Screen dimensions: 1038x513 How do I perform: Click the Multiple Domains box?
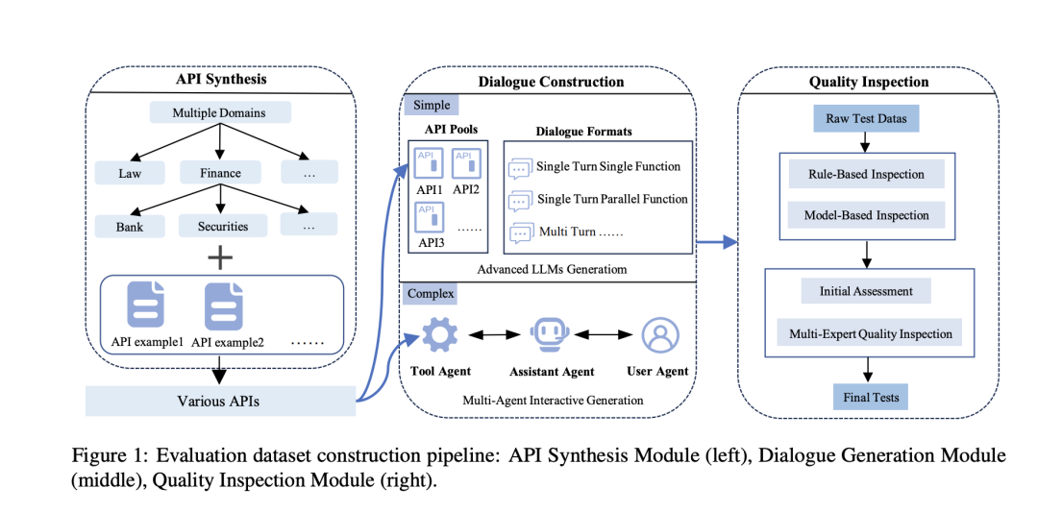(220, 111)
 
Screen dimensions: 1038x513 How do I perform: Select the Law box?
(130, 174)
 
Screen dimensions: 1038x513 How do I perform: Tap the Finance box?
(220, 174)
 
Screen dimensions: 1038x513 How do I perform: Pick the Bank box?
(130, 226)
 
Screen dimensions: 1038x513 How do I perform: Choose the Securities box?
(222, 226)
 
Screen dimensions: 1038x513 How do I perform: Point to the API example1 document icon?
(146, 305)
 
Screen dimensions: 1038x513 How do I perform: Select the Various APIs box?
(220, 402)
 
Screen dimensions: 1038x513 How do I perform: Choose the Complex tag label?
(431, 293)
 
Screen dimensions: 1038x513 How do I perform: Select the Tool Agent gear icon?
(439, 334)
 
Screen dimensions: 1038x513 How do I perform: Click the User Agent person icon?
(658, 335)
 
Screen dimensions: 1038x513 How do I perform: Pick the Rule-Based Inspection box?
(866, 175)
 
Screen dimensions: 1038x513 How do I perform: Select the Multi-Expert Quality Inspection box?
(869, 333)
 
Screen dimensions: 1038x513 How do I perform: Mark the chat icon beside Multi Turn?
(520, 233)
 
